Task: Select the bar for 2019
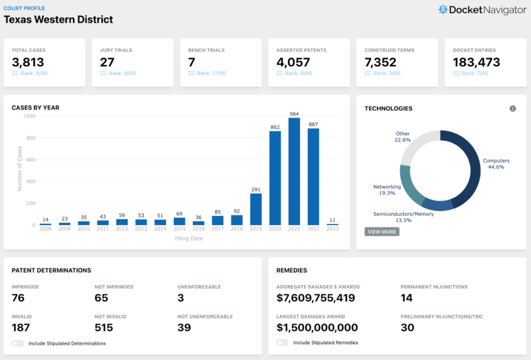pos(256,209)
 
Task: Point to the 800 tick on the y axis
pos(30,137)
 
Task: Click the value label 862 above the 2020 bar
pos(275,127)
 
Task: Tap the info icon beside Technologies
pos(512,108)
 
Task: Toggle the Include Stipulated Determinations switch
pos(17,343)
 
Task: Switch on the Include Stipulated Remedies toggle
pos(282,343)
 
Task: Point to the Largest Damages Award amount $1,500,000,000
pos(317,327)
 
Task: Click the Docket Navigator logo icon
pos(443,10)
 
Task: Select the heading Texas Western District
pos(58,19)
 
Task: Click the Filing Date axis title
pos(189,238)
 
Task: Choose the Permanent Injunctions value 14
pos(407,298)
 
